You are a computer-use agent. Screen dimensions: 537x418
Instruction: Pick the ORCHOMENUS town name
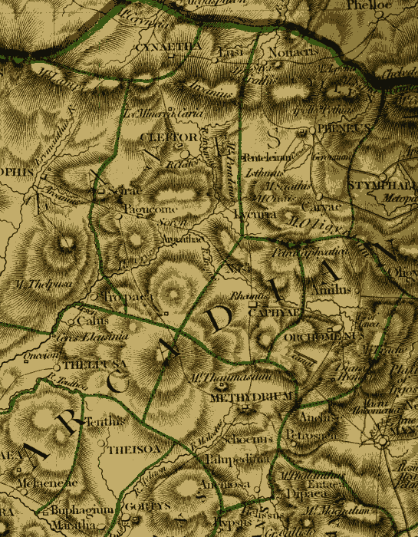332,336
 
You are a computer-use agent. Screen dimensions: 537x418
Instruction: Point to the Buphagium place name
82,510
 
